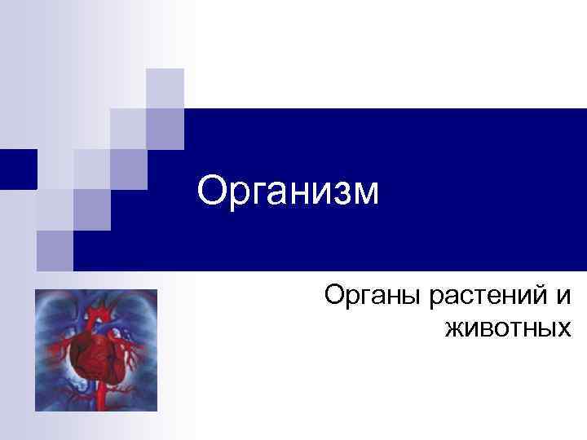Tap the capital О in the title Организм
[x=212, y=191]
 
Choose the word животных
[x=506, y=329]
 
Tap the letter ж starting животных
[x=454, y=329]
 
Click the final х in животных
[x=561, y=329]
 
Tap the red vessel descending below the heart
[x=100, y=397]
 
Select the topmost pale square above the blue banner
[x=165, y=88]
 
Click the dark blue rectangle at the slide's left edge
[x=18, y=169]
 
